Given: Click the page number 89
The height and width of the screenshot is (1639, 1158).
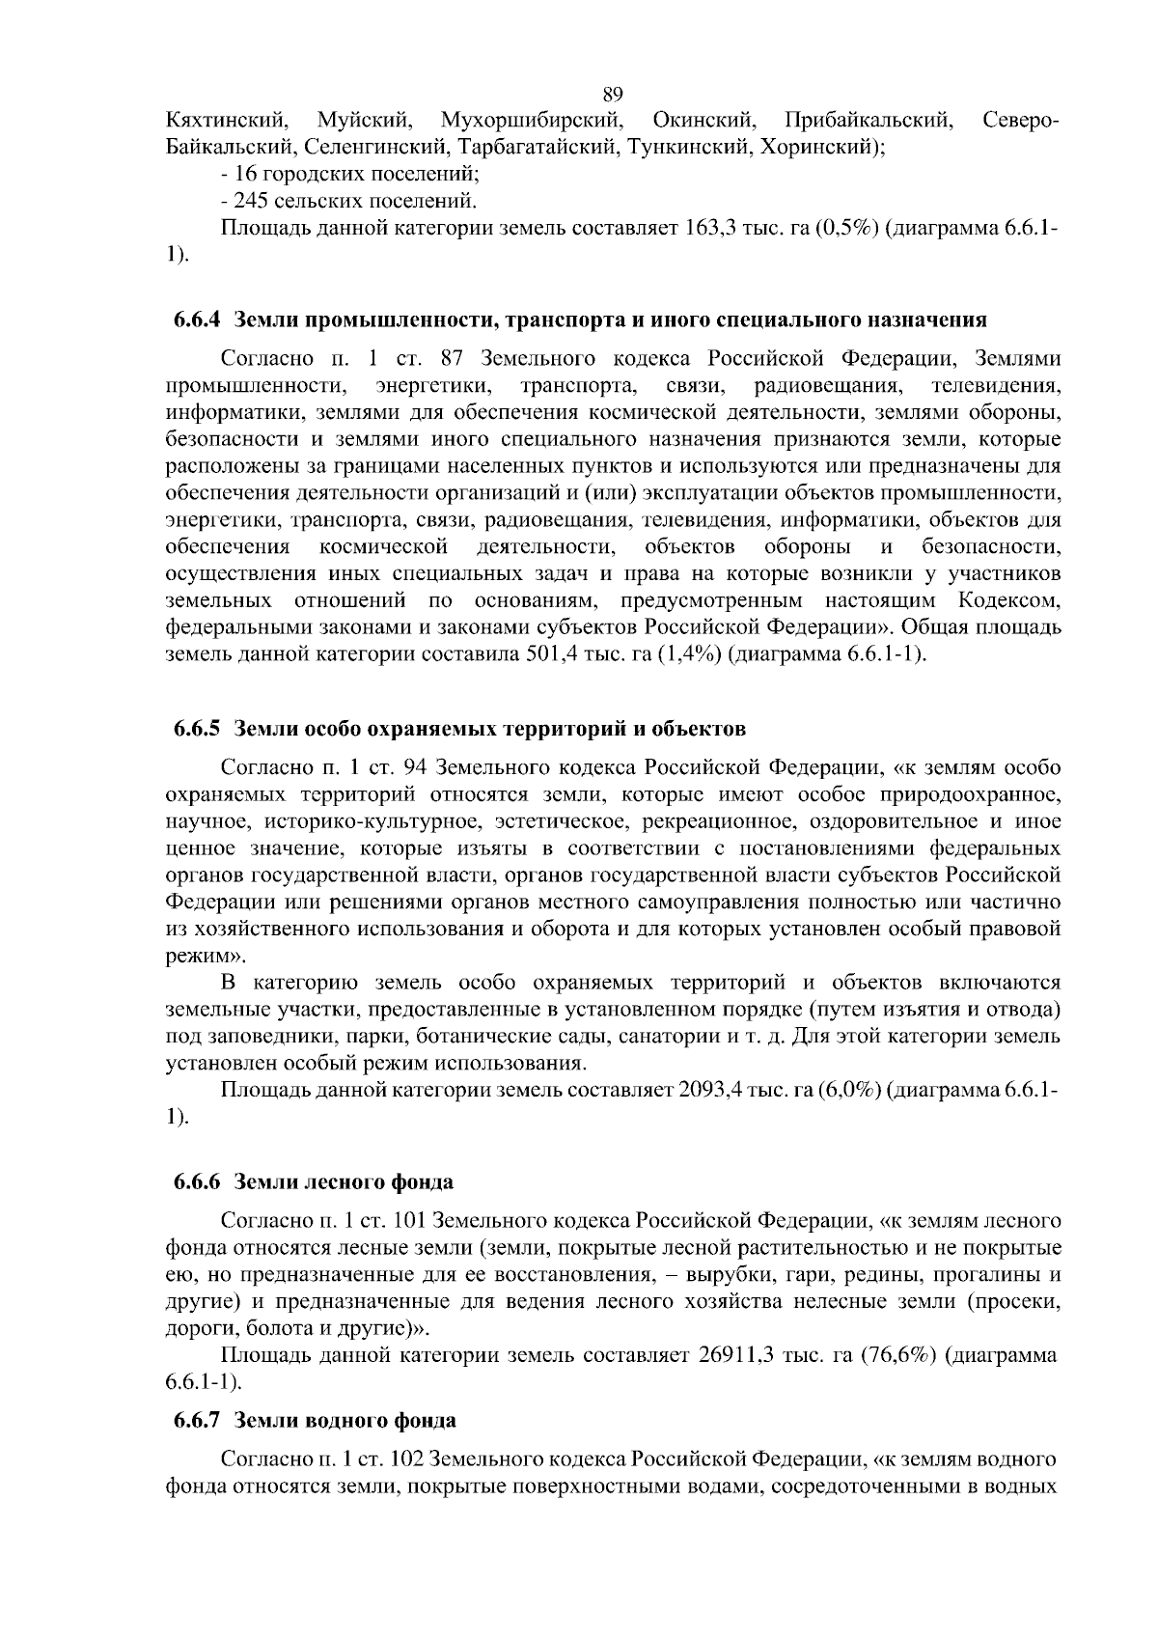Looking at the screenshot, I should [x=612, y=94].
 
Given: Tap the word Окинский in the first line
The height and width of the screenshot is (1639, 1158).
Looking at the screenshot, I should [x=703, y=122].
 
